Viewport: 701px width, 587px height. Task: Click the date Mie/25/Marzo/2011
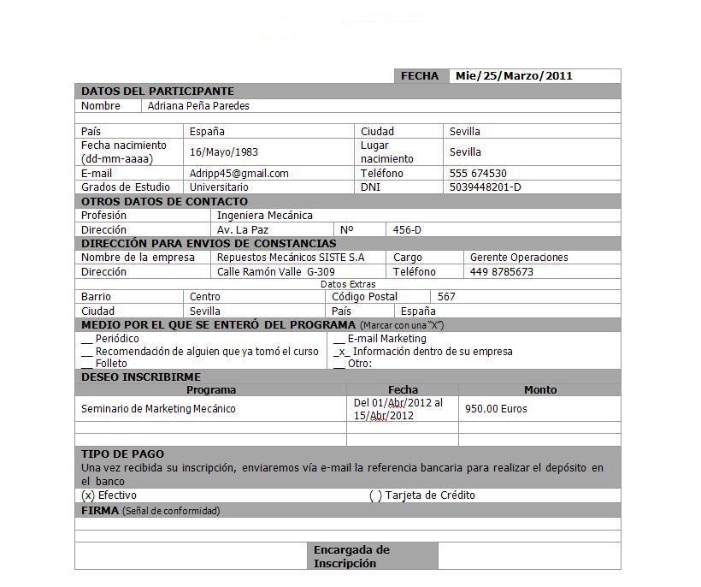[x=514, y=76]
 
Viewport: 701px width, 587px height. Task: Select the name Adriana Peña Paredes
[x=198, y=106]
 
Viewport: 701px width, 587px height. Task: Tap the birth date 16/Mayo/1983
[x=224, y=152]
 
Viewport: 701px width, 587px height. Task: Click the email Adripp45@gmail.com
[x=239, y=174]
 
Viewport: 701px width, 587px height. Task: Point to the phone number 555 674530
[x=478, y=174]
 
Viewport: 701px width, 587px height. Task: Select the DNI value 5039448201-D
[x=485, y=187]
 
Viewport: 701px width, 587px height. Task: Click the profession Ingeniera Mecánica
[x=264, y=216]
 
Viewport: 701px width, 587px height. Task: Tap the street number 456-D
[x=407, y=230]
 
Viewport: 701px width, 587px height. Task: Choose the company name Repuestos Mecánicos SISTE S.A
[x=290, y=258]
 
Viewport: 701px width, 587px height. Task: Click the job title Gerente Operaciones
[x=518, y=258]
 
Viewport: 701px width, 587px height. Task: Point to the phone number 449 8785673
[x=501, y=272]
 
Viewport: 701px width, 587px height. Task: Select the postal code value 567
[x=446, y=297]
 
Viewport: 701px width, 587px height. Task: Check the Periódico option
[x=87, y=339]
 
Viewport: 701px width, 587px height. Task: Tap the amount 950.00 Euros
[x=496, y=409]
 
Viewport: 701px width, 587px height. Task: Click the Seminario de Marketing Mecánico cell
[x=158, y=409]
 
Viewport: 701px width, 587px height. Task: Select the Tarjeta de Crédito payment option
[x=375, y=496]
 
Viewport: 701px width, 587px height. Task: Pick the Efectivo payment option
[x=87, y=495]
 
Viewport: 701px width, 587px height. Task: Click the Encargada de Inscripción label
[x=351, y=556]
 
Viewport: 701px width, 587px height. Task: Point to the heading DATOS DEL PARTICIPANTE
[x=157, y=92]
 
